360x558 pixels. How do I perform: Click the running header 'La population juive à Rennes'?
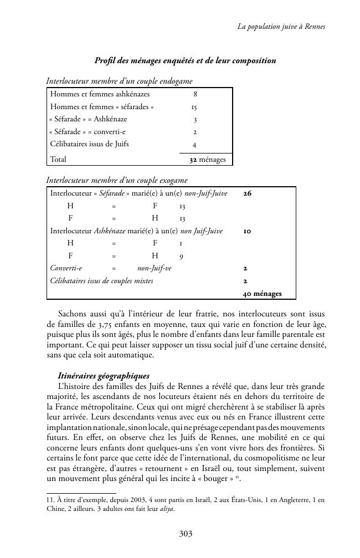(281, 26)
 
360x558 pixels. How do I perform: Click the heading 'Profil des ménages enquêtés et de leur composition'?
(185, 60)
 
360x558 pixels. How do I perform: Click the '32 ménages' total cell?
(208, 160)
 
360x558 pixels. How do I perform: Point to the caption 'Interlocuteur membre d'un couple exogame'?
(117, 180)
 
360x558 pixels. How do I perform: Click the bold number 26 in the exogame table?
(248, 193)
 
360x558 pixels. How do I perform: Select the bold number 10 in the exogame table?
(247, 231)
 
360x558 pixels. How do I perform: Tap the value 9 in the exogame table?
(182, 256)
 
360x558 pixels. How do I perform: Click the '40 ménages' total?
(262, 294)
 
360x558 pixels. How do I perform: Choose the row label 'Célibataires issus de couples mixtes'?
(102, 281)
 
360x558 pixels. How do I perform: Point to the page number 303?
(186, 534)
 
